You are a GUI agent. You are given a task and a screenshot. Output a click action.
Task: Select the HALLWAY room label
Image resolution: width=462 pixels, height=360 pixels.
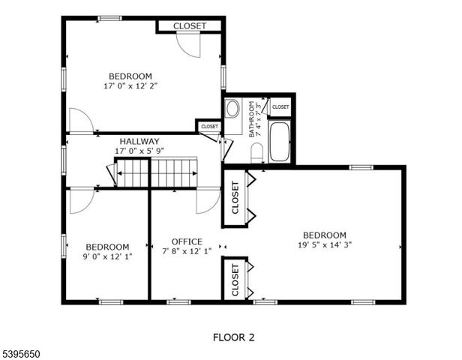coord(139,141)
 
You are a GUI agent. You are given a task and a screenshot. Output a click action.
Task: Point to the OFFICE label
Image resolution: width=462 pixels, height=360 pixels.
coord(187,241)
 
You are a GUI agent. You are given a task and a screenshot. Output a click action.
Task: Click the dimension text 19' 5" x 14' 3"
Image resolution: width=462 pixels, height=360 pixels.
coord(325,244)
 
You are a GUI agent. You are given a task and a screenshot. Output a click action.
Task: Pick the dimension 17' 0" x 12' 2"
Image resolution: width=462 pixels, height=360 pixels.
coord(130,85)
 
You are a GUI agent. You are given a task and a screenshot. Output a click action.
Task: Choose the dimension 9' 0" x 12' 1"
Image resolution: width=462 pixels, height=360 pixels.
coord(107,256)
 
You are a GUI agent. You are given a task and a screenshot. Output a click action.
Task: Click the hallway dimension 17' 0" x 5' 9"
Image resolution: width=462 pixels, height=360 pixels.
coord(139,151)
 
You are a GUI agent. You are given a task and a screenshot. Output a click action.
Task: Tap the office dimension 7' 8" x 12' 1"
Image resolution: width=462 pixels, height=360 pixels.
coord(187,251)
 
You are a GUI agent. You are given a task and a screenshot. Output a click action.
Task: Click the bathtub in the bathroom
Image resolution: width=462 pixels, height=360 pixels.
coord(280,142)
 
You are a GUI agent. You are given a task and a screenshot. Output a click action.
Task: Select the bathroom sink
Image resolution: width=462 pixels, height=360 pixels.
coord(232,109)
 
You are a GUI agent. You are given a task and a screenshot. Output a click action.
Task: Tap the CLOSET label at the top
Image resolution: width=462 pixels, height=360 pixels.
coord(190,26)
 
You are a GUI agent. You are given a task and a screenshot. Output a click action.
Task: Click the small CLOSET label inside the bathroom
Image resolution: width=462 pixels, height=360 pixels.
coord(280,107)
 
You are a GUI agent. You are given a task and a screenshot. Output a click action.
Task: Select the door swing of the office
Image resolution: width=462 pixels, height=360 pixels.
coord(206,199)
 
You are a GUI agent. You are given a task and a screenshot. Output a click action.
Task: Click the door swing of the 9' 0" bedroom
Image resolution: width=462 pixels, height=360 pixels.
coord(79,199)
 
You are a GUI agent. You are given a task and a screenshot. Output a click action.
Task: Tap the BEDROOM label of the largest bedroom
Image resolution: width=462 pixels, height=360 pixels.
coord(325,234)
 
